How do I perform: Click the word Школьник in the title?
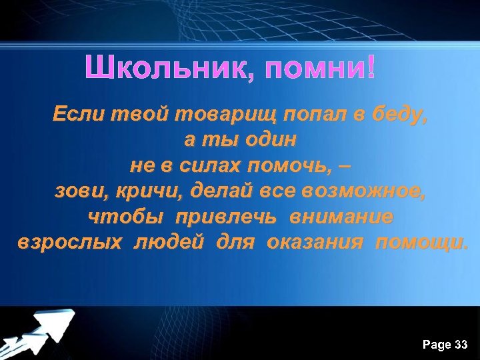point(169,68)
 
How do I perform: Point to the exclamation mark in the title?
point(371,67)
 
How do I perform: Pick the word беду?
point(395,115)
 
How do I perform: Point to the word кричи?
point(148,192)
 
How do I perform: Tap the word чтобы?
point(126,217)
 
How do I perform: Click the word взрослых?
point(69,242)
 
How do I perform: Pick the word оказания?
point(315,242)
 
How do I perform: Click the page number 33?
point(460,345)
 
